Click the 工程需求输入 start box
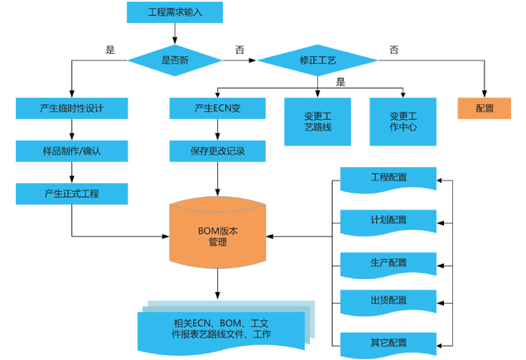point(175,12)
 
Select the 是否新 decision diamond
point(175,60)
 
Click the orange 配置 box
point(485,108)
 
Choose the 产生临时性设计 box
point(72,108)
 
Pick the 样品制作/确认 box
point(72,151)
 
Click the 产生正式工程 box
point(72,194)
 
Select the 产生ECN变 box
point(218,108)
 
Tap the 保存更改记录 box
point(218,151)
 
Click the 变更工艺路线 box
point(318,122)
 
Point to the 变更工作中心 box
point(403,122)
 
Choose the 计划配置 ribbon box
point(388,220)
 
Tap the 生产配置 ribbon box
point(388,262)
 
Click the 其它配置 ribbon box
point(388,342)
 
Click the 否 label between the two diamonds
point(240,50)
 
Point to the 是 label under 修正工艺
point(341,81)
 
